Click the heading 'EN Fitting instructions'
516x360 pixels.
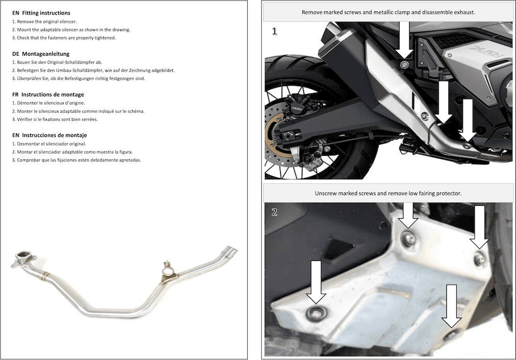(41, 13)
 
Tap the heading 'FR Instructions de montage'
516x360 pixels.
(48, 94)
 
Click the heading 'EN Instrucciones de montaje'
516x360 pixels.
(49, 135)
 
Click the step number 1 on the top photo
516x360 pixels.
(274, 31)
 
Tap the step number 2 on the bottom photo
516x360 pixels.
(274, 211)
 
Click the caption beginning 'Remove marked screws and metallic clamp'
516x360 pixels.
(388, 11)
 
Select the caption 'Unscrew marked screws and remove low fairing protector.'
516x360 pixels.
(388, 193)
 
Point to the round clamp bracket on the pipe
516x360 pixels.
(167, 271)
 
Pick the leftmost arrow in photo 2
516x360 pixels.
(316, 282)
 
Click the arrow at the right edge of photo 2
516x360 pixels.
(479, 227)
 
